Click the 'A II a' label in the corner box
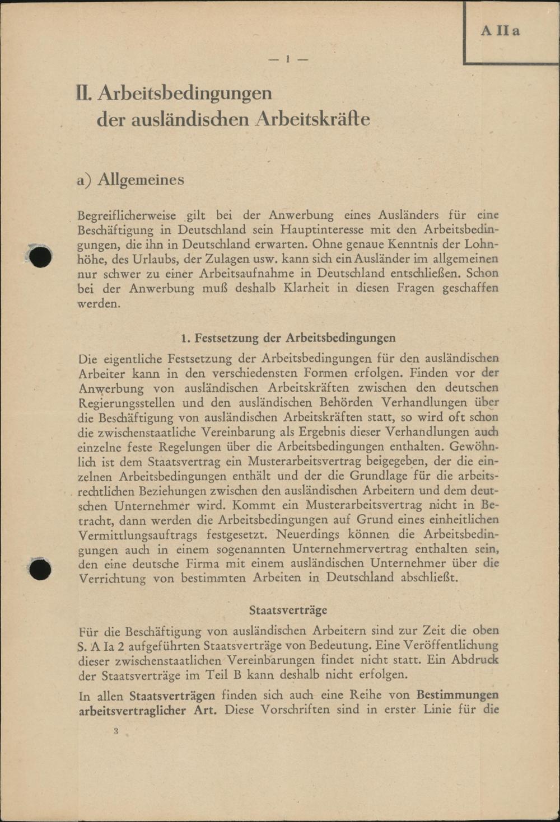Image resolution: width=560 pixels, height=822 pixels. (500, 31)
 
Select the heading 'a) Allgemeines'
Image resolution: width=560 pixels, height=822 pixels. (130, 180)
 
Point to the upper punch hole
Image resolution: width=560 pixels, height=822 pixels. (40, 256)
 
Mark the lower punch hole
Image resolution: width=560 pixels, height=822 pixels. (40, 570)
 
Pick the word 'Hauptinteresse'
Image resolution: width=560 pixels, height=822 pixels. (321, 230)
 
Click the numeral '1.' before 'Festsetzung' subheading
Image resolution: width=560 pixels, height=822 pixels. (186, 338)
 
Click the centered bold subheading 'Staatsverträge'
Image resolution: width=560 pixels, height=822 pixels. (288, 610)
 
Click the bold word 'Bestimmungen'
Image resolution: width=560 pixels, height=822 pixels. (458, 696)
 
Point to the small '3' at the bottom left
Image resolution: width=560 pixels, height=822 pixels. (116, 731)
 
